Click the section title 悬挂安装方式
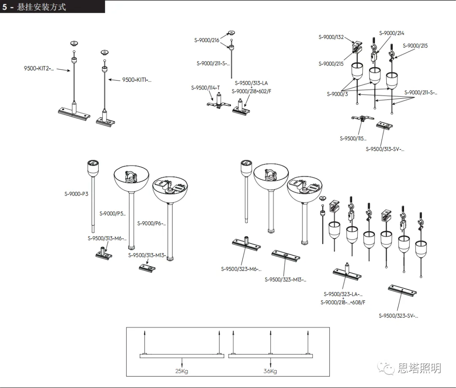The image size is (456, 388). point(41,7)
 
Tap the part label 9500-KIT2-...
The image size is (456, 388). point(39,68)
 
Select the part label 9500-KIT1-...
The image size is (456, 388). point(136,80)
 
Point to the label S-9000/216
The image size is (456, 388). point(207,40)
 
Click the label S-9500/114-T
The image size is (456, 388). point(205,88)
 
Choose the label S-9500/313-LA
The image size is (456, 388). point(251,83)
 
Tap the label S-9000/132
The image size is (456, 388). point(331,37)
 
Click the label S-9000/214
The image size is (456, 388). point(391,33)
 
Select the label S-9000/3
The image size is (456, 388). point(337,94)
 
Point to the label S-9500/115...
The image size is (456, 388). point(353,138)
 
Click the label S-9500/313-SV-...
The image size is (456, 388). point(385,149)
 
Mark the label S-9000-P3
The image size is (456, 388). point(76,194)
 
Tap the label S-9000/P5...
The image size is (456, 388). point(113,213)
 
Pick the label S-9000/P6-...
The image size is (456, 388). point(152,223)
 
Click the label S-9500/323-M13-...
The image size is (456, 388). point(285,279)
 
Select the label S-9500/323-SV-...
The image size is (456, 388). point(398,315)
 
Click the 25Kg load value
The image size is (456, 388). point(182,371)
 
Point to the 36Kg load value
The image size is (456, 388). point(270,371)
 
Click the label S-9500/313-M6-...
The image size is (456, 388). point(107,238)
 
